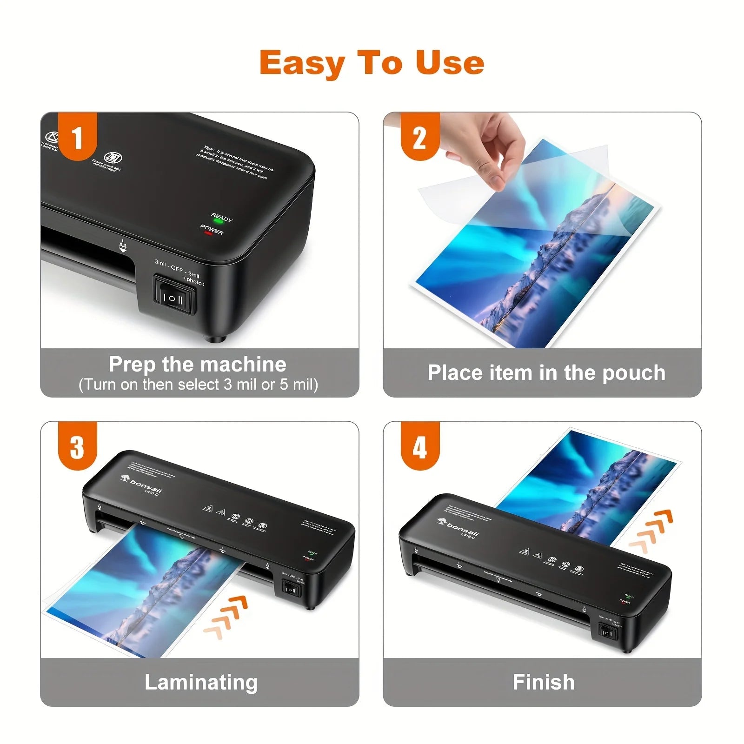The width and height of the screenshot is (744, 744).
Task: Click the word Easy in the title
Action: (x=302, y=63)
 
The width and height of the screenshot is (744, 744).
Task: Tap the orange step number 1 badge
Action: (x=77, y=138)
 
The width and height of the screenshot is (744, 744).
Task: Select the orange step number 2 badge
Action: (x=420, y=138)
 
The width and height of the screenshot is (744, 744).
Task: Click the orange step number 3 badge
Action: (x=77, y=447)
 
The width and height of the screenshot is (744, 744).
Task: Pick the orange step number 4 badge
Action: (x=420, y=447)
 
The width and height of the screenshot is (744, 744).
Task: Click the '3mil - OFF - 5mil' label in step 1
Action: (x=178, y=270)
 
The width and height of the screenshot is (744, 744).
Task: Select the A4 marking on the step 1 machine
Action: (x=123, y=245)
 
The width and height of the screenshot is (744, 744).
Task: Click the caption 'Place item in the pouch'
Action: (x=546, y=373)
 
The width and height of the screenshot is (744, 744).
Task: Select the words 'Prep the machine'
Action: (x=198, y=364)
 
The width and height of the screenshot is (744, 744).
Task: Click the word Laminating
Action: (x=201, y=682)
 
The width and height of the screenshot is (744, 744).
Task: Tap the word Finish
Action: (x=544, y=682)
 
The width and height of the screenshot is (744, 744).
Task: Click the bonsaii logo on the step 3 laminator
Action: (x=141, y=484)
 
